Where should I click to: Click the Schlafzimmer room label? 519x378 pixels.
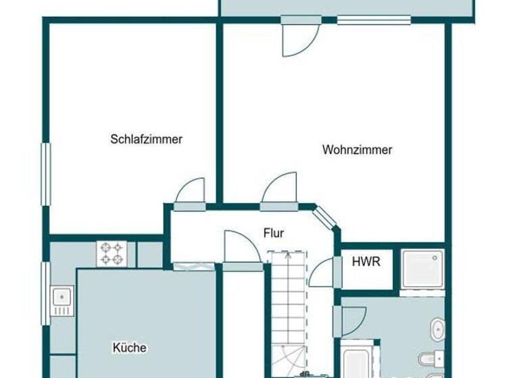[147, 140]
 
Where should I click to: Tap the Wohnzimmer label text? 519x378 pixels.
[357, 150]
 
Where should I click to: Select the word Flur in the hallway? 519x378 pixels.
[274, 234]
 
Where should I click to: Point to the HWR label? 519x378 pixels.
[366, 263]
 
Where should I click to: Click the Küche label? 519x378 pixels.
[130, 348]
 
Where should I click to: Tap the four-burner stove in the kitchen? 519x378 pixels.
[112, 254]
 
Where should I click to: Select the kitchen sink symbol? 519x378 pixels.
[61, 300]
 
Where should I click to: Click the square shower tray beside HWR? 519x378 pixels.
[422, 269]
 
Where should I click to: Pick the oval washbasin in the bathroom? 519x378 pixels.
[437, 330]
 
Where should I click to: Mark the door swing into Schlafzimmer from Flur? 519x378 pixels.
[190, 192]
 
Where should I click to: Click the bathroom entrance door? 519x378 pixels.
[353, 321]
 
